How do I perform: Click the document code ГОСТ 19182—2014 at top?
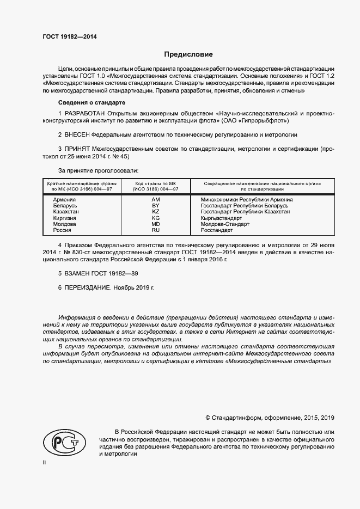pyautogui.click(x=70, y=38)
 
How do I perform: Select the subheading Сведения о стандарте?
pyautogui.click(x=91, y=102)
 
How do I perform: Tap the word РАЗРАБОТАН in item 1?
pyautogui.click(x=86, y=113)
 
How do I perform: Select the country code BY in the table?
pyautogui.click(x=155, y=206)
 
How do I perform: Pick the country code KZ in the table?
pyautogui.click(x=155, y=212)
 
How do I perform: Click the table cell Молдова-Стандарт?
pyautogui.click(x=225, y=224)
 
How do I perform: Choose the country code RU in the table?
pyautogui.click(x=155, y=230)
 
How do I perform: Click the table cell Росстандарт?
pyautogui.click(x=216, y=230)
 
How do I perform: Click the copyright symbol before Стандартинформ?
pyautogui.click(x=208, y=418)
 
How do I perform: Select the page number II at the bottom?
pyautogui.click(x=44, y=462)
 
